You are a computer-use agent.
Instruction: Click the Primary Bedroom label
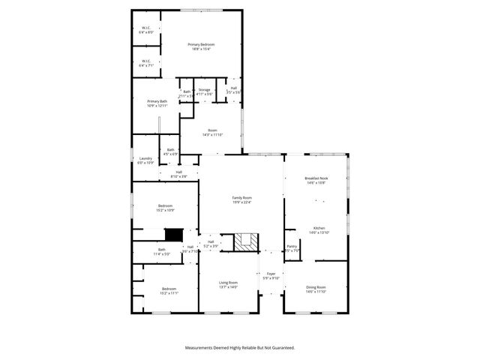(x=201, y=46)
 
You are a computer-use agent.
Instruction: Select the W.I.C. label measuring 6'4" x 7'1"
(x=145, y=64)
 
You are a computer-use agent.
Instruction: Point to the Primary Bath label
(x=157, y=103)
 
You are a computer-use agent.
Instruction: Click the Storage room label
(x=204, y=91)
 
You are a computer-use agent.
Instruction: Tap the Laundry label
(x=145, y=160)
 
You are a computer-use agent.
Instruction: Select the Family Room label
(x=241, y=199)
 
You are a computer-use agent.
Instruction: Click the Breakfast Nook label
(x=316, y=180)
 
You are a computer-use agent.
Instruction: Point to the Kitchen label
(x=319, y=230)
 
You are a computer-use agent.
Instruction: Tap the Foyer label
(x=271, y=276)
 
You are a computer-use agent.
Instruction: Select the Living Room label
(x=228, y=284)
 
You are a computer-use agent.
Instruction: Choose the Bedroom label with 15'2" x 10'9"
(x=165, y=208)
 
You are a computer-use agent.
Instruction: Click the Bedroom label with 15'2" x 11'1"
(x=168, y=291)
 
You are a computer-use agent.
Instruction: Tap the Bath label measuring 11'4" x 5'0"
(x=161, y=252)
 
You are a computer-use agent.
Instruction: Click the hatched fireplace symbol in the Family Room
(x=245, y=241)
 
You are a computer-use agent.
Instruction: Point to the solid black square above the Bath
(x=173, y=235)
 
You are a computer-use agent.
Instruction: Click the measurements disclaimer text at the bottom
(x=240, y=348)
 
